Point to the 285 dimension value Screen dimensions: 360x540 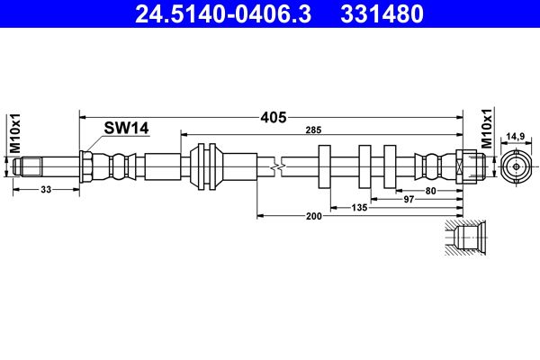pos(312,131)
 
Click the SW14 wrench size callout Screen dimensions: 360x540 pos(125,129)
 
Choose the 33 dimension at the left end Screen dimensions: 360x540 pos(45,190)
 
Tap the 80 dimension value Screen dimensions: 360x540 pos(431,190)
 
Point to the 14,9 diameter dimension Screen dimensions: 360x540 pos(516,135)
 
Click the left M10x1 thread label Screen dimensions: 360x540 pos(13,131)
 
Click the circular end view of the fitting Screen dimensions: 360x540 pos(516,167)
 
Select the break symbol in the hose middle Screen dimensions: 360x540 pos(281,166)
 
